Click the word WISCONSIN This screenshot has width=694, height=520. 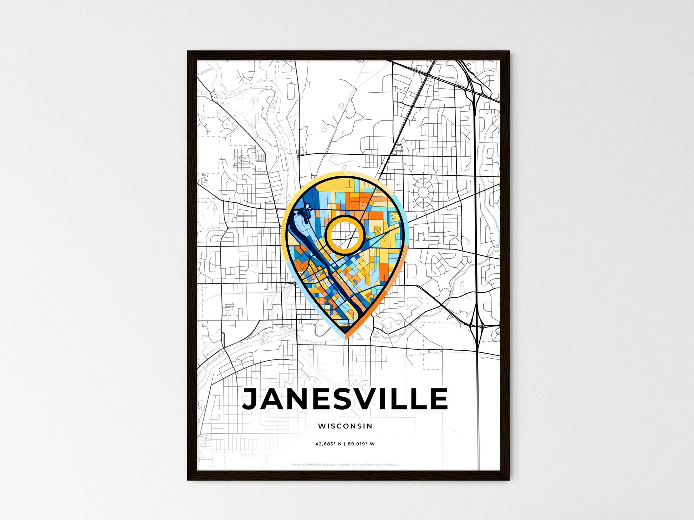345,426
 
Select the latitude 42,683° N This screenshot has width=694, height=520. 328,444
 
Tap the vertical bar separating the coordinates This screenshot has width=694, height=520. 345,444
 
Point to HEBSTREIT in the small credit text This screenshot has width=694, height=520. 314,465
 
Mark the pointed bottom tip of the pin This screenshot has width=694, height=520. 345,337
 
